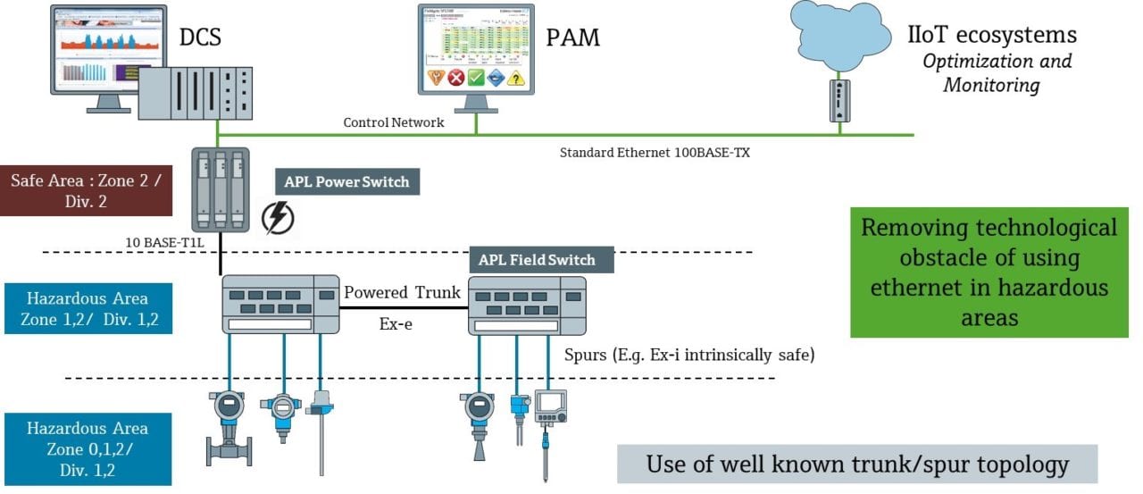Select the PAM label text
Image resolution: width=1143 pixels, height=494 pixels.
click(x=572, y=38)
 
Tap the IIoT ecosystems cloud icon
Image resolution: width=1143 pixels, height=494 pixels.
click(x=840, y=32)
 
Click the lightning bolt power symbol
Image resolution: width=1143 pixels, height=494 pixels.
click(x=276, y=217)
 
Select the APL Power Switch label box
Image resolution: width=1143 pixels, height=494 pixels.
click(x=346, y=182)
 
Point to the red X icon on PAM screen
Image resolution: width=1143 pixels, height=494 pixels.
click(x=456, y=78)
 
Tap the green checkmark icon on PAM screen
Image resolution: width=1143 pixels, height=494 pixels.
click(x=477, y=78)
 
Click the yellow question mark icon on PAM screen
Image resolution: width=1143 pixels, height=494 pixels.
click(x=515, y=78)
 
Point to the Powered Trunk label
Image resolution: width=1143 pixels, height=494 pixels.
click(x=403, y=292)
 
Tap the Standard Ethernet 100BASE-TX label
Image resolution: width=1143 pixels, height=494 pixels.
click(x=655, y=153)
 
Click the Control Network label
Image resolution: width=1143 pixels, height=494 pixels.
click(x=394, y=122)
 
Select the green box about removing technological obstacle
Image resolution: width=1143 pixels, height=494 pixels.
click(x=989, y=272)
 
